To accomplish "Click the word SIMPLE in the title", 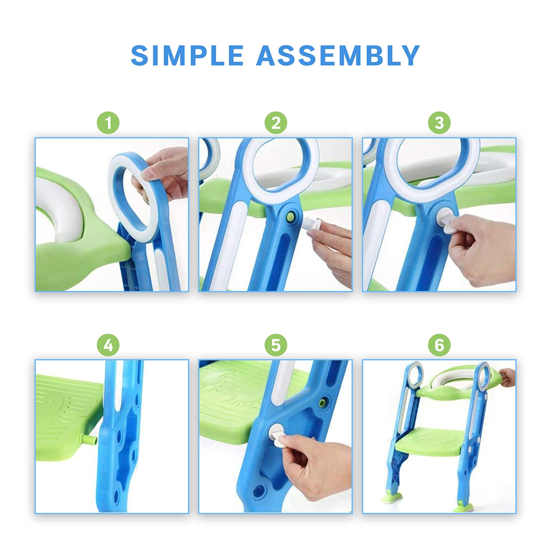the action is click(187, 55).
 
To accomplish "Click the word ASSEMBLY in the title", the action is click(338, 55).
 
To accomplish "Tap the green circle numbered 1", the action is click(108, 123).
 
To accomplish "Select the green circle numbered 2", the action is click(275, 123).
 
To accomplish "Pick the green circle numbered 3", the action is click(439, 123).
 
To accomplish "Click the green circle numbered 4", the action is click(108, 345).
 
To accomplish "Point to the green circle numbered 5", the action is click(275, 345).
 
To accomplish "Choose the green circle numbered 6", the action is click(439, 345).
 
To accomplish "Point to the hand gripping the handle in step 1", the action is click(163, 176).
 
